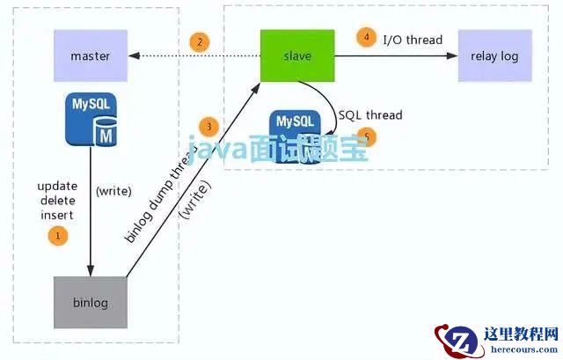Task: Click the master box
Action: point(91,56)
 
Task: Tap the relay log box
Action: point(494,56)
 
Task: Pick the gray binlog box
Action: point(91,303)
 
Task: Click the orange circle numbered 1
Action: point(59,235)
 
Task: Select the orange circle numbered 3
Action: point(208,126)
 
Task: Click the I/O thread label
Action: point(413,39)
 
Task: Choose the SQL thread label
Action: point(370,115)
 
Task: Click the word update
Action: point(58,187)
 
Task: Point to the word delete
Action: point(56,202)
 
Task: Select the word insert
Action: point(56,215)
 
